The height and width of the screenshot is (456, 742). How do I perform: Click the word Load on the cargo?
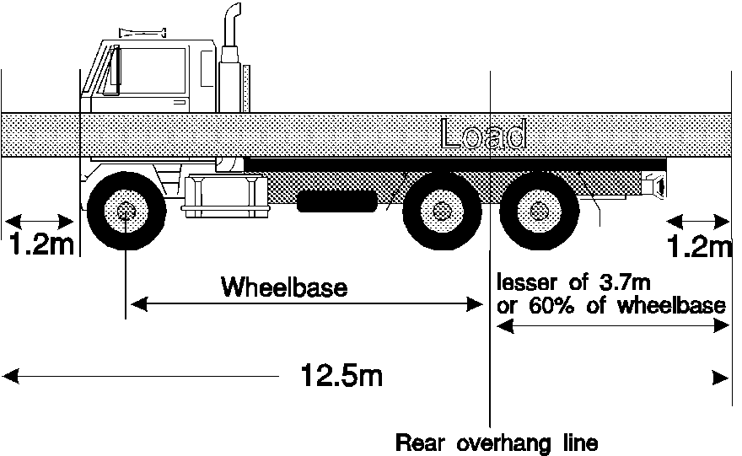pos(484,135)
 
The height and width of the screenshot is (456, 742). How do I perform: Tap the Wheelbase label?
pos(284,287)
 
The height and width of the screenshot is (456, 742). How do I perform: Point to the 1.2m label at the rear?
pos(700,247)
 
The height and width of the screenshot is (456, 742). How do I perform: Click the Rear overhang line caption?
pos(497,443)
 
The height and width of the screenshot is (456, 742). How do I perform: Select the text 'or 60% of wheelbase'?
pos(611,305)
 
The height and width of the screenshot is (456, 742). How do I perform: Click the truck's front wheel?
pos(126,210)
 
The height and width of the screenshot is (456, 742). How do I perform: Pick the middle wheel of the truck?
pos(440,211)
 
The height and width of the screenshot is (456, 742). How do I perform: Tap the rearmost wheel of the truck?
pos(538,211)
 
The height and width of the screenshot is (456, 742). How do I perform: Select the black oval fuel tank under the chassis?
pos(336,201)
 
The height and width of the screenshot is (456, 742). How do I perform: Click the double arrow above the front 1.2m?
pos(40,222)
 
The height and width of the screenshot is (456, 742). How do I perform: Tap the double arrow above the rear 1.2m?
pos(698,222)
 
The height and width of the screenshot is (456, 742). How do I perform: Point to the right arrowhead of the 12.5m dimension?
pos(721,377)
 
